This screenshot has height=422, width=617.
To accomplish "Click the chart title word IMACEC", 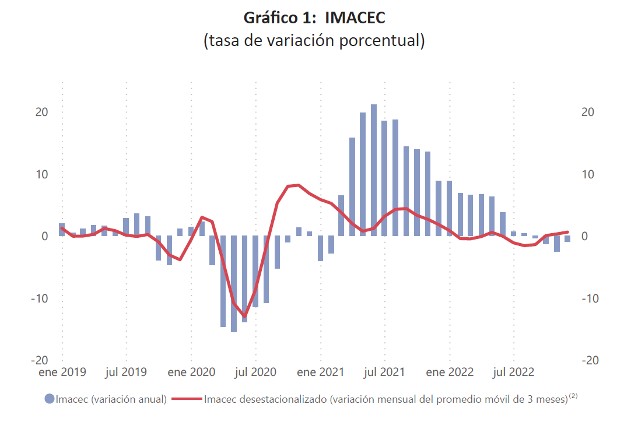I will click(355, 18).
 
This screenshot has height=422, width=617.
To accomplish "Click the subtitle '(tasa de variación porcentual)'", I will click(314, 41).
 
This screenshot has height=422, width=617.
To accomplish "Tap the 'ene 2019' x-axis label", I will click(62, 372).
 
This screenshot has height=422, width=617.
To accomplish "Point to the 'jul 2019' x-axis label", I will click(126, 372).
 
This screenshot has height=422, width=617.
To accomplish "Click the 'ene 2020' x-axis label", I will click(191, 372).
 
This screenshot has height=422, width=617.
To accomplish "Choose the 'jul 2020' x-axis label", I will click(256, 372).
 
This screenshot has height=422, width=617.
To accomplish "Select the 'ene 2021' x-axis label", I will click(321, 372).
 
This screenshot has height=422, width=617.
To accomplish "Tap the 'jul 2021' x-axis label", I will click(385, 372).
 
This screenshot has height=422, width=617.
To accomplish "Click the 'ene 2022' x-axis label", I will click(450, 372).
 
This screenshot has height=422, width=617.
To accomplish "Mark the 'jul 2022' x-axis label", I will click(514, 372).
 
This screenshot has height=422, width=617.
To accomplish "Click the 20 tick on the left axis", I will click(41, 112).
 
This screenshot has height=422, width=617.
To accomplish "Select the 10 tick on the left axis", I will click(41, 174).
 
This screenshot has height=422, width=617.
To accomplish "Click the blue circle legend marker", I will click(50, 399).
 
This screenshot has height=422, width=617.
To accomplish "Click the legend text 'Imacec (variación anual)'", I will click(111, 399).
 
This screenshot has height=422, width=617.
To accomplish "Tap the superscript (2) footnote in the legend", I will click(573, 396).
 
